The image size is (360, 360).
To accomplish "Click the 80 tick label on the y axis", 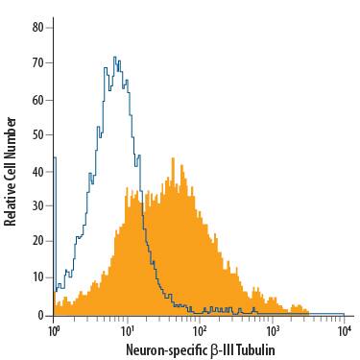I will [38, 28].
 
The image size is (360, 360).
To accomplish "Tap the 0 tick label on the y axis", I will [41, 315].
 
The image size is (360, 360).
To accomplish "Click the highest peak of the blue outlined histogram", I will [114, 58].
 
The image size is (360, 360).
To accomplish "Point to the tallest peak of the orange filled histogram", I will [173, 159].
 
